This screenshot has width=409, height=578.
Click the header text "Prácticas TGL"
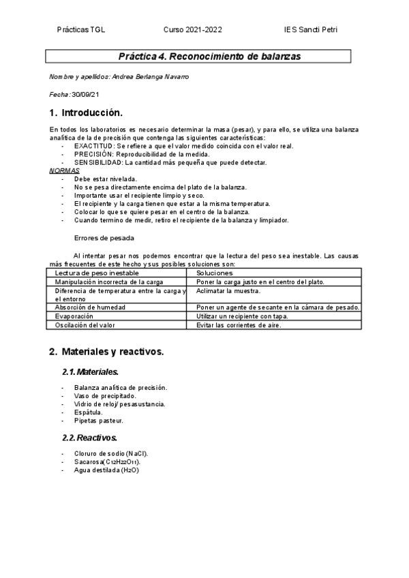(81, 30)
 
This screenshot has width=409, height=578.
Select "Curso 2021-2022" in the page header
(193, 30)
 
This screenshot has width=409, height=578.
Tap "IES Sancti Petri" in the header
(311, 30)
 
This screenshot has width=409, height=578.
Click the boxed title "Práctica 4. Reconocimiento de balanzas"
(200, 56)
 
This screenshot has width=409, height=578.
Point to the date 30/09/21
(85, 94)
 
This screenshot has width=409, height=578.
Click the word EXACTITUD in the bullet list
(94, 146)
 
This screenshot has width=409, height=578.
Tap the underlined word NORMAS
(65, 170)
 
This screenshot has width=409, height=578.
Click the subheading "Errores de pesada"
(104, 238)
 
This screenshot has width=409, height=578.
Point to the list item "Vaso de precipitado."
(105, 395)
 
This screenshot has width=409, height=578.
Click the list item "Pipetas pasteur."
(99, 421)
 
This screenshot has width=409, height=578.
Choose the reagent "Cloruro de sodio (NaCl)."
(111, 453)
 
